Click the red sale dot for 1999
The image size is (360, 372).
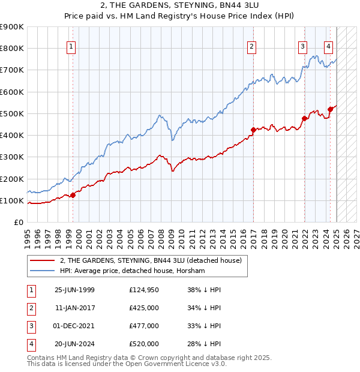[73, 194]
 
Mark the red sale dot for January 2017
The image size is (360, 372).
[253, 130]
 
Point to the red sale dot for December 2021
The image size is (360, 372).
[304, 118]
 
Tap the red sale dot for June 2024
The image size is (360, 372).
[330, 109]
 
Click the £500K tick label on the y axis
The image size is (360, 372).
[12, 113]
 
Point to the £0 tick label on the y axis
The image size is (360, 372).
[18, 222]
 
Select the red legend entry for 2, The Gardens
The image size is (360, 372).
[150, 260]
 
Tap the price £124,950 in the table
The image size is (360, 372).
[143, 290]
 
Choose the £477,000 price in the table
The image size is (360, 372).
[143, 326]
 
